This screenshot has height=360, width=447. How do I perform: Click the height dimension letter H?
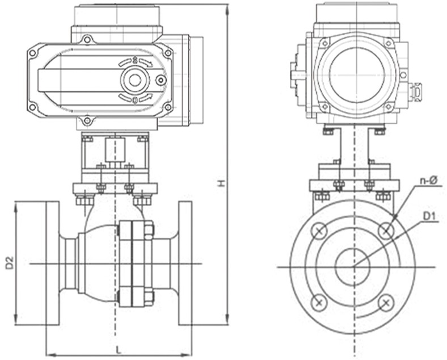pos(222,183)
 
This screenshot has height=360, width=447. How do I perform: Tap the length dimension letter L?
pos(118,348)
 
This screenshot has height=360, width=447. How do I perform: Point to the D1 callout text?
pos(429,216)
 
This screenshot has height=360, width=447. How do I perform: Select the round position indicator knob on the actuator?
pos(135,79)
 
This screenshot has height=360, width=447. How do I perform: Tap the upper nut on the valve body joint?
pos(148,230)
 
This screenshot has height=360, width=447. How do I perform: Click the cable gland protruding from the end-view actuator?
pos(416,91)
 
